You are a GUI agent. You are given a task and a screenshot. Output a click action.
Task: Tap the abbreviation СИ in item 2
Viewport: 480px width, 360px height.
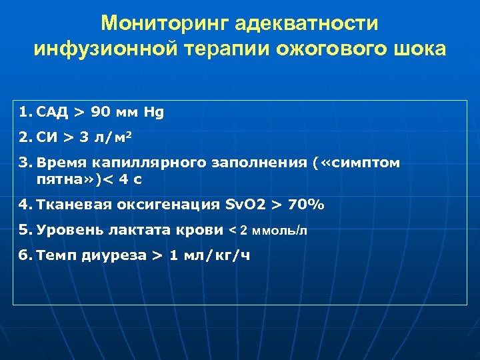click(x=48, y=138)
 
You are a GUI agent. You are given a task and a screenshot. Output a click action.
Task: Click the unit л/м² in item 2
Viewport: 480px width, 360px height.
click(x=112, y=138)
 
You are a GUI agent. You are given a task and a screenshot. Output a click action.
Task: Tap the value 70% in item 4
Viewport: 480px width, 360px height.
click(x=305, y=205)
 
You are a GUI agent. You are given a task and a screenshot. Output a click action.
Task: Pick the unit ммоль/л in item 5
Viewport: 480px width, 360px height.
click(x=279, y=231)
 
